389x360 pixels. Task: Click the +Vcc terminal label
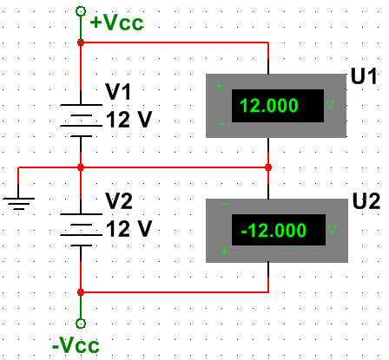pos(116,23)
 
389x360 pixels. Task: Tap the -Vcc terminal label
pos(76,345)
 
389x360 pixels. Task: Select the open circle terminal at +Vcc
pos(81,11)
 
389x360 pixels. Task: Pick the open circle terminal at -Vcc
pos(81,324)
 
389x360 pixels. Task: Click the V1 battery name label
pos(118,92)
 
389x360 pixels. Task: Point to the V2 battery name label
pos(119,201)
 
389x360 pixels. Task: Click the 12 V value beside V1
pos(129,120)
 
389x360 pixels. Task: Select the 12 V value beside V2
pos(129,229)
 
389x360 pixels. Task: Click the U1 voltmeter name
pos(364,76)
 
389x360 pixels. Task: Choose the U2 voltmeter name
pos(366,201)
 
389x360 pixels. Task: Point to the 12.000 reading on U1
pos(269,106)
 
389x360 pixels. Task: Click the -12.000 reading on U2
pos(274,231)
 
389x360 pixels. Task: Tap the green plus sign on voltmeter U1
pos(220,86)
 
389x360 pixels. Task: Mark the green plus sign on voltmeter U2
pos(224,251)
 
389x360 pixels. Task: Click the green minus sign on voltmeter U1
pos(221,124)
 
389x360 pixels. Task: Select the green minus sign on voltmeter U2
pos(226,205)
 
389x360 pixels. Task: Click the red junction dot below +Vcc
pos(81,43)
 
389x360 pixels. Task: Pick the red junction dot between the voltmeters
pos(268,167)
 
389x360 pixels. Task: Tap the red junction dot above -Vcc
pos(81,292)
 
